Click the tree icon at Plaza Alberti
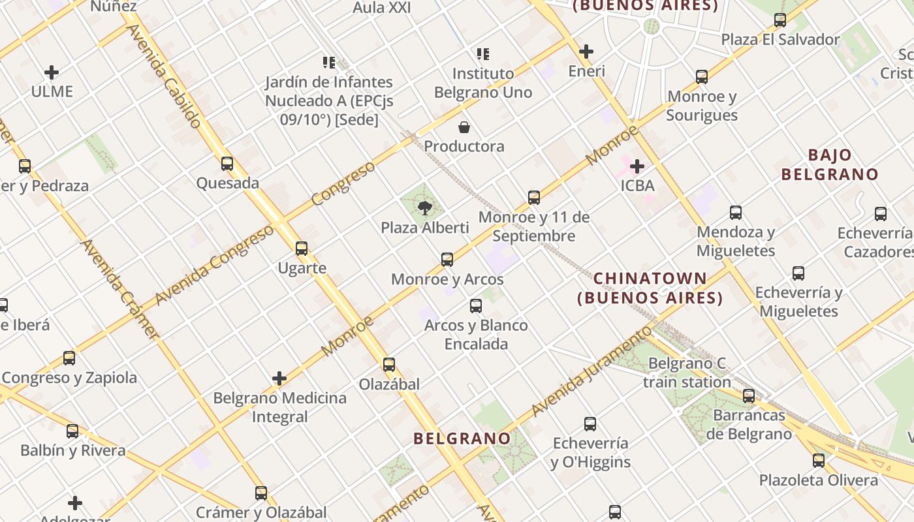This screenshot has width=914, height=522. pos(425,208)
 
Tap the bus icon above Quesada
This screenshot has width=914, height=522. pos(227,164)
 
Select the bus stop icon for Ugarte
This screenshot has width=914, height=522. pos(301,249)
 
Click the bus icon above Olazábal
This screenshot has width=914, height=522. pos(389,365)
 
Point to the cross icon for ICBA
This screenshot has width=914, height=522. pos(637,166)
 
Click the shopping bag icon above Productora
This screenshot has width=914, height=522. pos(464,127)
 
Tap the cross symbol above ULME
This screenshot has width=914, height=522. pos(52,72)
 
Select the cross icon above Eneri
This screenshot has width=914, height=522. pos(586,52)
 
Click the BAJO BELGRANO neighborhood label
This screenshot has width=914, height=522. pos(830,164)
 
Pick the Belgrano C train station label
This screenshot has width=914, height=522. pos(687,373)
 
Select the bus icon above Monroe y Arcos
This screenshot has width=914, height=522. pos(447,260)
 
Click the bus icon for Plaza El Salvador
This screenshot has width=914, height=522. pos(780,20)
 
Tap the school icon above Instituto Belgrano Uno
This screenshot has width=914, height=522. pos(483,54)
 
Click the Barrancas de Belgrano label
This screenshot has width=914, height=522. pos(749,424)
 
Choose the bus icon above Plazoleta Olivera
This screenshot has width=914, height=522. pos(819,461)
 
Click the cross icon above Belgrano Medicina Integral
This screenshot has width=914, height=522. pos(279,378)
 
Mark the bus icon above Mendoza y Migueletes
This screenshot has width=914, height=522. pos(736,213)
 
